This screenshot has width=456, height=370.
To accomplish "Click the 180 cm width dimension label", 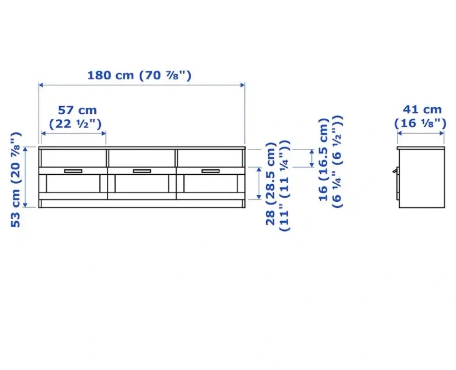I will pyautogui.click(x=139, y=75).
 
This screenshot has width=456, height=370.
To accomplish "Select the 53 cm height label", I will pyautogui.click(x=16, y=179).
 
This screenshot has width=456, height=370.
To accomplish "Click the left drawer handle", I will pyautogui.click(x=73, y=171).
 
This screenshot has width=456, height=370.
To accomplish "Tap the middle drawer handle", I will pyautogui.click(x=142, y=171).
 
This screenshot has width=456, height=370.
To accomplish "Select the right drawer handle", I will pyautogui.click(x=211, y=171).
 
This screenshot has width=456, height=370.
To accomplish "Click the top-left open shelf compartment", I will pyautogui.click(x=73, y=158).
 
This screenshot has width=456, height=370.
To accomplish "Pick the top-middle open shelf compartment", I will pyautogui.click(x=142, y=158).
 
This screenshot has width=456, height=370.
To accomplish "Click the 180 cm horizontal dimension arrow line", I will pyautogui.click(x=142, y=85).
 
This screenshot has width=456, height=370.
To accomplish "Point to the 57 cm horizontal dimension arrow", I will pyautogui.click(x=73, y=133).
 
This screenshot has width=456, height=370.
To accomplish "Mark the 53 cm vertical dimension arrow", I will pyautogui.click(x=26, y=177).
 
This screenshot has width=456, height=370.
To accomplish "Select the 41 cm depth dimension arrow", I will pyautogui.click(x=421, y=133).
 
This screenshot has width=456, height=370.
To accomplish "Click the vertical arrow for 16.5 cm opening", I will pyautogui.click(x=312, y=158).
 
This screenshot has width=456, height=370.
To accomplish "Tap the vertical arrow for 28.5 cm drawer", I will pyautogui.click(x=259, y=183).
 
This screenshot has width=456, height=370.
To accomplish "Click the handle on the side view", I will pyautogui.click(x=395, y=171).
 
